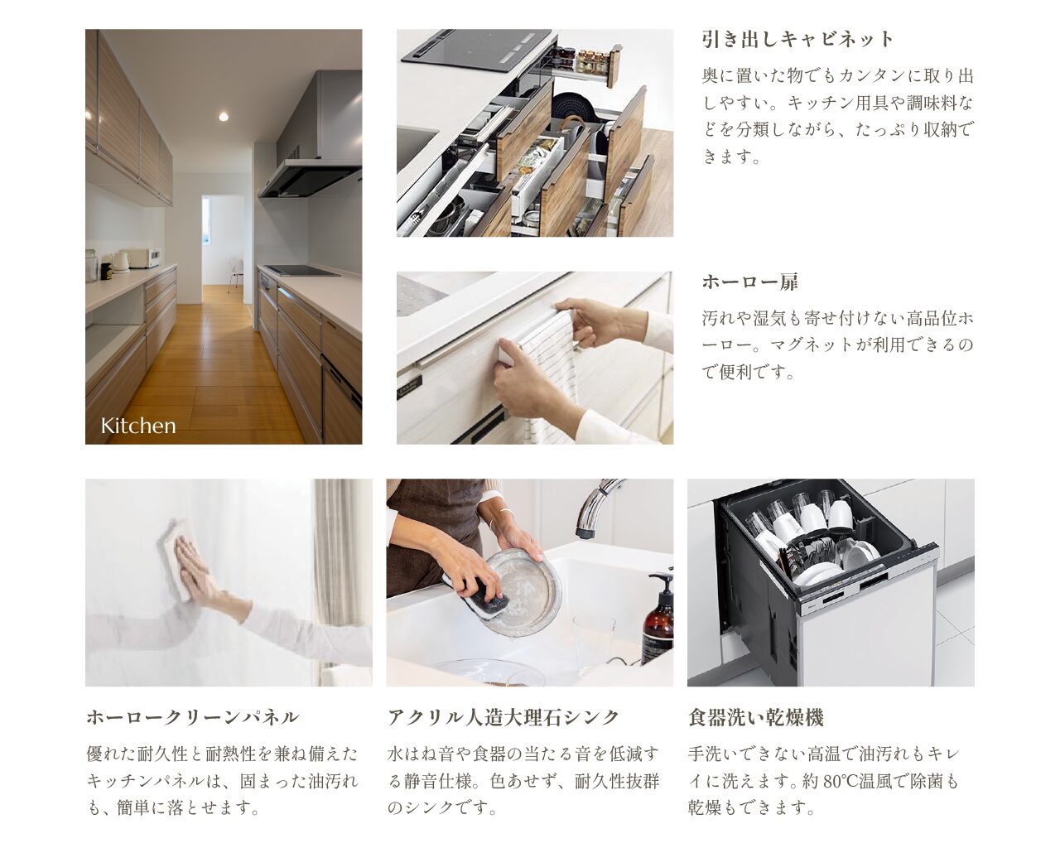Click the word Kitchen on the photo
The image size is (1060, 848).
click(138, 426)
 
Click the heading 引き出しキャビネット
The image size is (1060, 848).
click(798, 39)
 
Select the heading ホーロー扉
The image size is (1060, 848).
click(750, 282)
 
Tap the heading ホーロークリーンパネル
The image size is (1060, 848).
click(192, 717)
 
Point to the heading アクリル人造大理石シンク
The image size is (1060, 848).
click(503, 717)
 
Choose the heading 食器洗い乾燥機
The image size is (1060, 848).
click(755, 717)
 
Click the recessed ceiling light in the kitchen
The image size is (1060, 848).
click(224, 117)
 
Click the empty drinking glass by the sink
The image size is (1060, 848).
click(594, 643)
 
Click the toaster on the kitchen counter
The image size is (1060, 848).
click(143, 258)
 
